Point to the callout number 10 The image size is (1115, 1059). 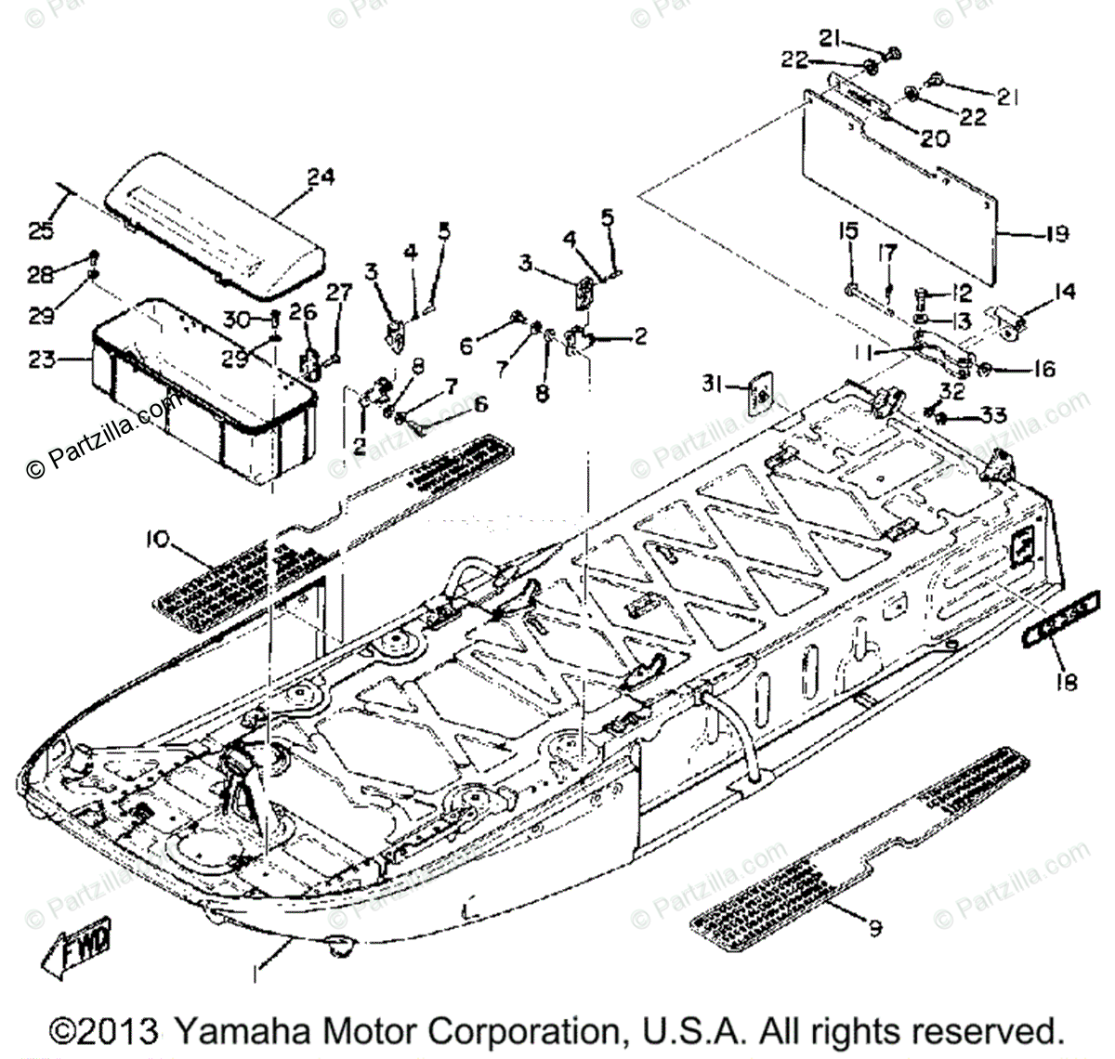pyautogui.click(x=158, y=539)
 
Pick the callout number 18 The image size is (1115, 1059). pyautogui.click(x=1066, y=683)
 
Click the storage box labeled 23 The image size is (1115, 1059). pyautogui.click(x=204, y=390)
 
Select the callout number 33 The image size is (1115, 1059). pyautogui.click(x=994, y=416)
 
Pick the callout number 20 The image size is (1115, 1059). pyautogui.click(x=935, y=138)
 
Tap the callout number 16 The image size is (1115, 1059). pyautogui.click(x=1043, y=370)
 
